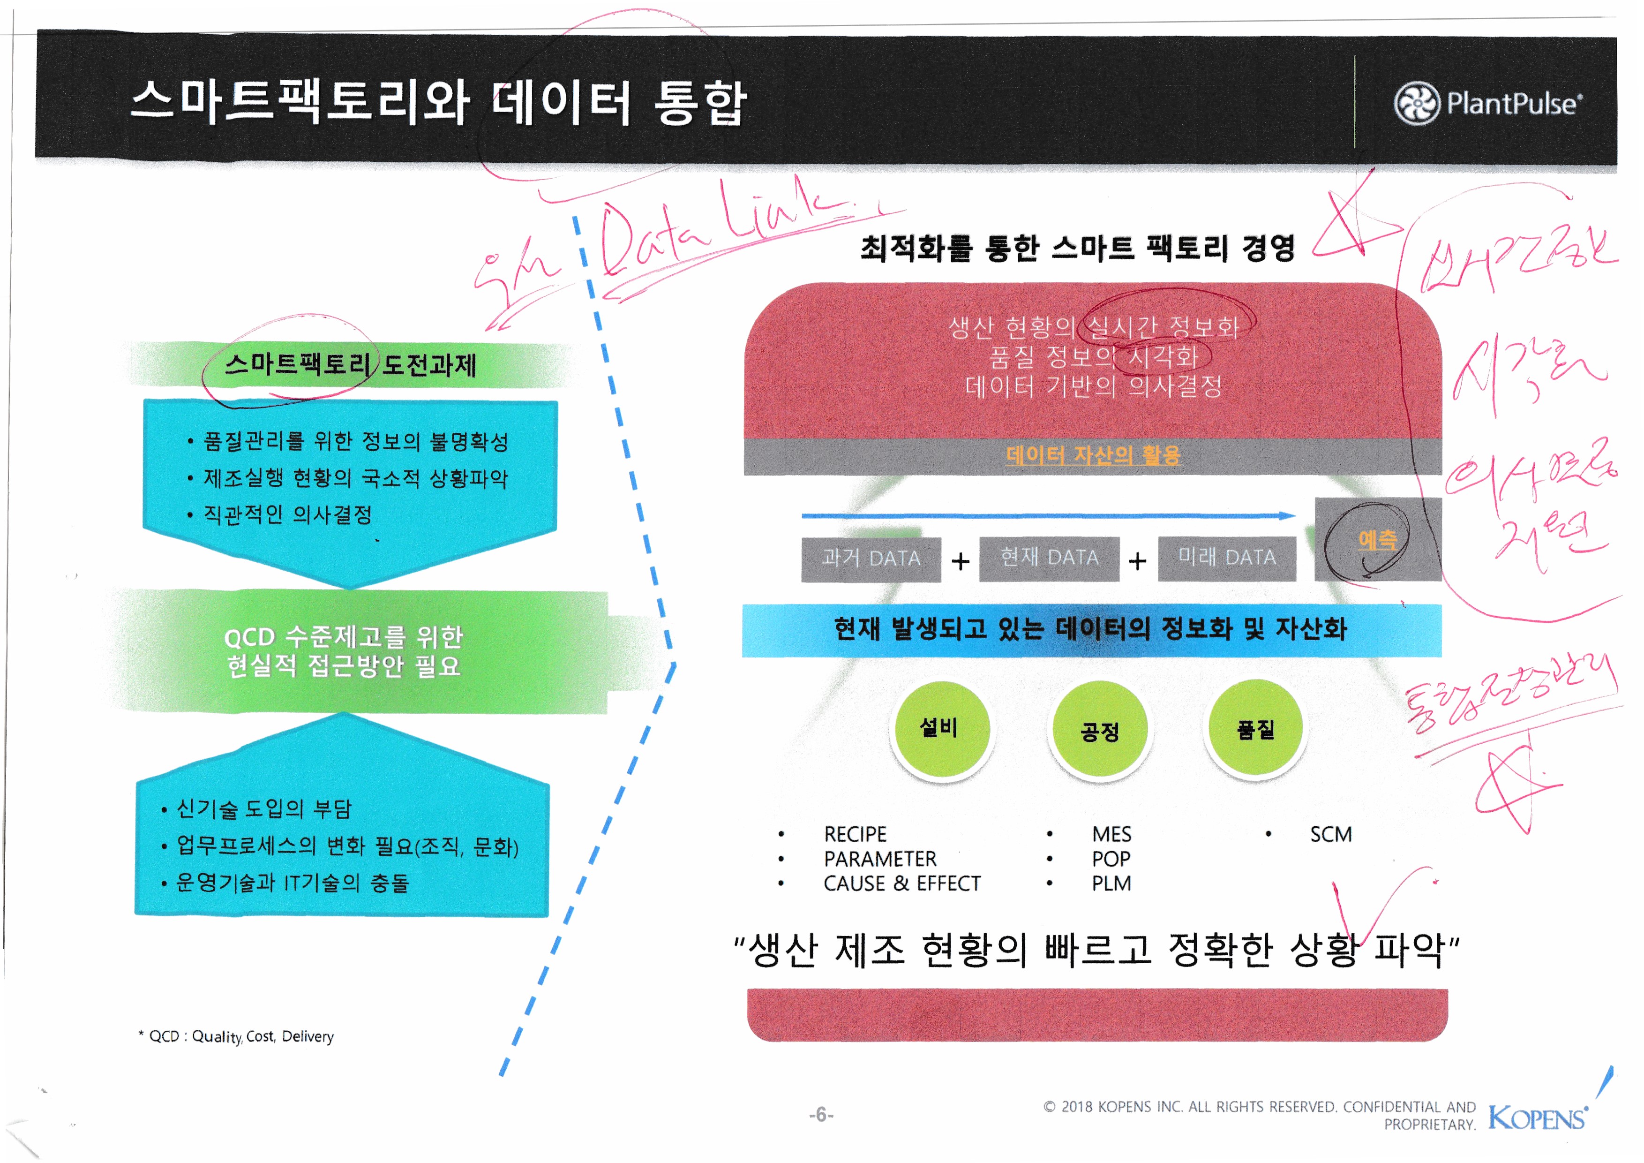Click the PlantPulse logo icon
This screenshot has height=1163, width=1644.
pos(1416,103)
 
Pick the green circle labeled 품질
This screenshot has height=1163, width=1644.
pos(1255,729)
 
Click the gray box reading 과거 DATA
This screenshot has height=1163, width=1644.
pos(871,559)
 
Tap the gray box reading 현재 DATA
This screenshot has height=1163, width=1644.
pos(1049,558)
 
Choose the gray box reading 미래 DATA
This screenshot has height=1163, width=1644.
pos(1227,558)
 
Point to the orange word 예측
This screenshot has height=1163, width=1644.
pos(1377,540)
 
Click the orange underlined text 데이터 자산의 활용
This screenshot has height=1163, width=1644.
pos(1093,455)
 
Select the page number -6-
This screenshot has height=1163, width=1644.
pos(821,1114)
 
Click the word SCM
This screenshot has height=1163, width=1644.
pos(1330,834)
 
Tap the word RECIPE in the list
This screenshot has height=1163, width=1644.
pos(855,834)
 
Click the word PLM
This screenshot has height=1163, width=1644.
pos(1111,884)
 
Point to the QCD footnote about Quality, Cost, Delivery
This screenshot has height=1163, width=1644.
pos(236,1036)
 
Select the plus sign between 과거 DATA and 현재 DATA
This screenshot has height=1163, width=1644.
pos(960,561)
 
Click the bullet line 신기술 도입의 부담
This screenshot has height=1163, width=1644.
pos(263,809)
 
